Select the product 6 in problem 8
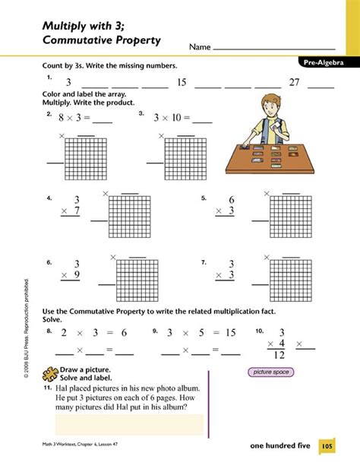tap(122, 332)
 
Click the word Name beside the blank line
tap(200, 47)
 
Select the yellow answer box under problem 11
tap(129, 424)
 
